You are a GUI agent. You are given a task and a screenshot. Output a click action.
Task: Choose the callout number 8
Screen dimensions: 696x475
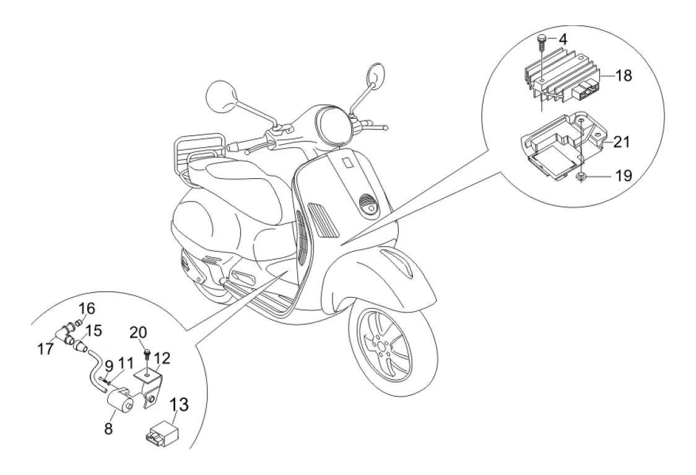108,427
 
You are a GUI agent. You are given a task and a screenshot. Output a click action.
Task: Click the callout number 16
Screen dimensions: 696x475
87,308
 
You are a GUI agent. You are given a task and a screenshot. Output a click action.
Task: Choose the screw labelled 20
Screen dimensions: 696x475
148,354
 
